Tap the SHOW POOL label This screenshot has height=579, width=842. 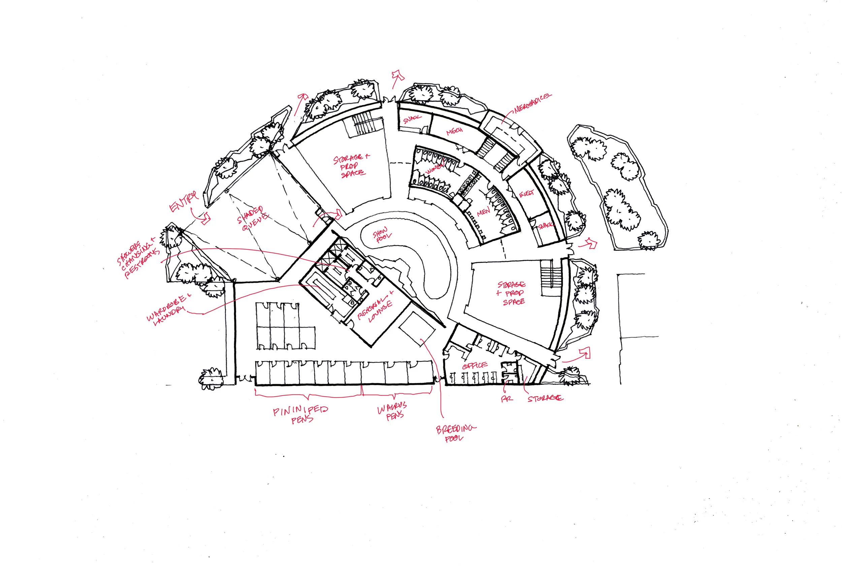click(x=382, y=234)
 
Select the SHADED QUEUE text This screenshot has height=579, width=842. click(x=253, y=219)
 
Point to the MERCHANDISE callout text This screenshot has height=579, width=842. click(x=532, y=103)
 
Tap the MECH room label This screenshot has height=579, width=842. click(x=454, y=131)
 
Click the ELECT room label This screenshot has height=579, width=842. click(x=526, y=194)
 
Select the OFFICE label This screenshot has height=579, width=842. click(x=475, y=365)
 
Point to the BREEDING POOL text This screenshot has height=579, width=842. click(x=455, y=433)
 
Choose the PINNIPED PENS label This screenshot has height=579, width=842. click(x=300, y=415)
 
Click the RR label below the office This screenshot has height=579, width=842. click(x=506, y=398)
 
